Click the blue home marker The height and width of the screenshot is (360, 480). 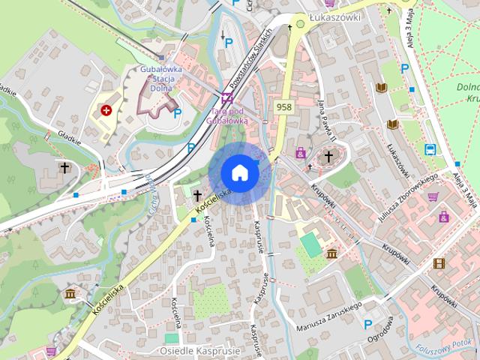[x=240, y=172]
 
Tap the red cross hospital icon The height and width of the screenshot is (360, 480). [x=106, y=111]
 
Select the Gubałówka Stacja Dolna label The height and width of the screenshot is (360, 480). [x=157, y=77]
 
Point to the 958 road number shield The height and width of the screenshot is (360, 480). [x=283, y=107]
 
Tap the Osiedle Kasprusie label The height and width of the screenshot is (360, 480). [x=199, y=350]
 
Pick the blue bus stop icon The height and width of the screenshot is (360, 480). [x=431, y=148]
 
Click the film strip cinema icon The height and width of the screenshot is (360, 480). [x=439, y=263]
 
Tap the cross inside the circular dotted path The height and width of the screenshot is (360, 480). [x=328, y=156]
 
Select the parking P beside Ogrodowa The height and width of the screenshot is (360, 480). [x=367, y=324]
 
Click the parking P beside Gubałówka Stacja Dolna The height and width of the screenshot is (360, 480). [x=178, y=113]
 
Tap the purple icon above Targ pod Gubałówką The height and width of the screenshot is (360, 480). [x=226, y=97]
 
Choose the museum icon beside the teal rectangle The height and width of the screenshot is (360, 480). [x=331, y=254]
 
